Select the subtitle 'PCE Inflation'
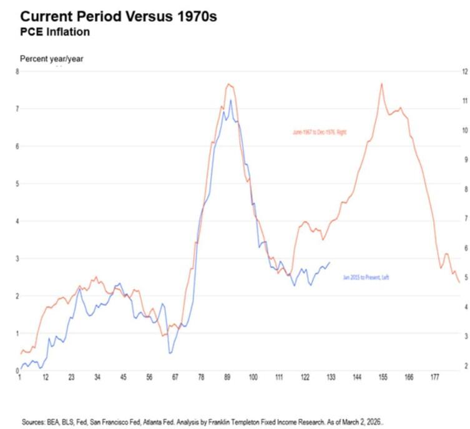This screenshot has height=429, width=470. point(54,31)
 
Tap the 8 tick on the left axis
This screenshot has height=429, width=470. point(17,72)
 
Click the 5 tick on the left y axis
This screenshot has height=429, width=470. point(17,184)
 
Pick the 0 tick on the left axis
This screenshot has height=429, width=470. point(17,370)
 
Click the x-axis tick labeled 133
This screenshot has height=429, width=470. point(331,378)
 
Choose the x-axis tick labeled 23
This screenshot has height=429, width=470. point(72,378)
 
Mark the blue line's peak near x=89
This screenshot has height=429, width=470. point(230,100)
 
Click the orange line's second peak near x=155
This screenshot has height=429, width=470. point(381,84)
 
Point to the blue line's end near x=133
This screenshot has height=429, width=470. point(330,262)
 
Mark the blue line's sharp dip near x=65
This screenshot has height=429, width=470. point(170,353)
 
